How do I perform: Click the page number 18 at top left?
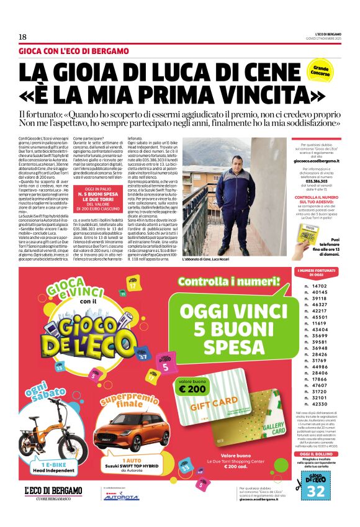tap(22, 37)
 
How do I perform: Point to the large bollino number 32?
tap(317, 490)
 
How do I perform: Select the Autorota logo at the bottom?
tap(121, 497)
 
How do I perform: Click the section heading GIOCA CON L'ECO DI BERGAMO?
tap(74, 51)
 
